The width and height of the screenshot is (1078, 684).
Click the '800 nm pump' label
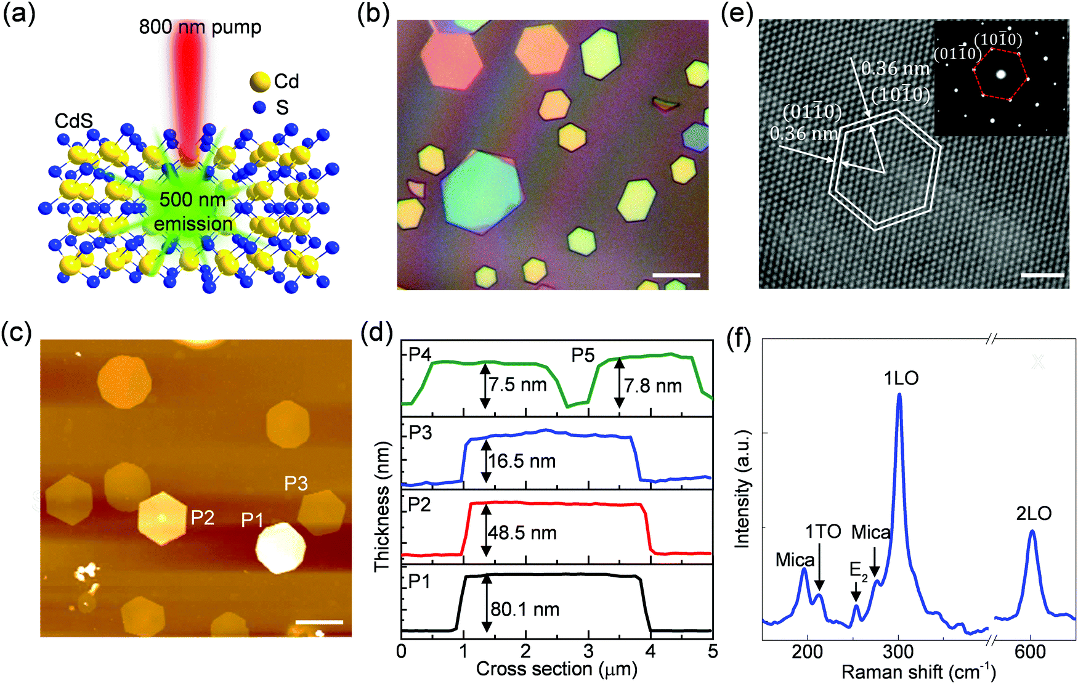coord(200,27)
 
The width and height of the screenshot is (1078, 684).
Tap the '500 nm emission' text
coord(193,211)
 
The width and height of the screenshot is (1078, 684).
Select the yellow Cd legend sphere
coord(260,81)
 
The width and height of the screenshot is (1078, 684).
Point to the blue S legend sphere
coord(259,108)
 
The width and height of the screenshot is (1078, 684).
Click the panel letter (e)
coord(737,14)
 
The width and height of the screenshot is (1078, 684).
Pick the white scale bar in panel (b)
coord(676,275)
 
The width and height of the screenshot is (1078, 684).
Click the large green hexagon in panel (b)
coord(482,191)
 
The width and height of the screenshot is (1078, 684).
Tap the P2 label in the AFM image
coord(202,518)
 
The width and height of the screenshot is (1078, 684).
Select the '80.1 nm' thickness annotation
coord(525,609)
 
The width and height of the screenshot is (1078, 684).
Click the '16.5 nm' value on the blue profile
coord(522,461)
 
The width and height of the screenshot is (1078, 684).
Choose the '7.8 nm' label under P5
coord(653,386)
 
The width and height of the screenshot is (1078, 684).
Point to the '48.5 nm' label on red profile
coord(522,532)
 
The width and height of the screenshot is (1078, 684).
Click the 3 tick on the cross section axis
coord(588,651)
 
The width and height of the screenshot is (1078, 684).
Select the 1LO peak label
coord(901,378)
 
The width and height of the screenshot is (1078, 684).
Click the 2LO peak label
coord(1033,513)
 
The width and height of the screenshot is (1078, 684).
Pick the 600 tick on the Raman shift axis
coord(1030,651)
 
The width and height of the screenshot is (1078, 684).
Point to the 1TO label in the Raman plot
coord(823,531)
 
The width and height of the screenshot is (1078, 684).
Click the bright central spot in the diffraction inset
coord(1000,75)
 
